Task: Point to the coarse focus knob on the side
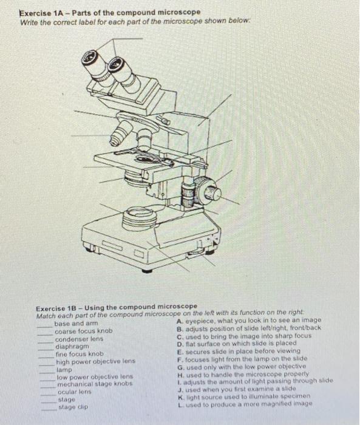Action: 208,191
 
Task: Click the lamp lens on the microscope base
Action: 140,217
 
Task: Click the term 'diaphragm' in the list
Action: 72,347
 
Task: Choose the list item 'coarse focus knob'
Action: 84,331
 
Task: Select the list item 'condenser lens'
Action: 79,339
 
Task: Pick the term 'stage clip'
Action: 73,407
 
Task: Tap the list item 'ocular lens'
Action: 75,392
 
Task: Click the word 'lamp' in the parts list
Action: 64,369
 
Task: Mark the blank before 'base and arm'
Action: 45,327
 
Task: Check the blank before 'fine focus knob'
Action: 47,358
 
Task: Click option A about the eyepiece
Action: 248,321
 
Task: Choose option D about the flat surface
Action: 237,344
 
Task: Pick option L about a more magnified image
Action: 245,404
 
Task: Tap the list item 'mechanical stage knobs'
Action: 95,384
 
